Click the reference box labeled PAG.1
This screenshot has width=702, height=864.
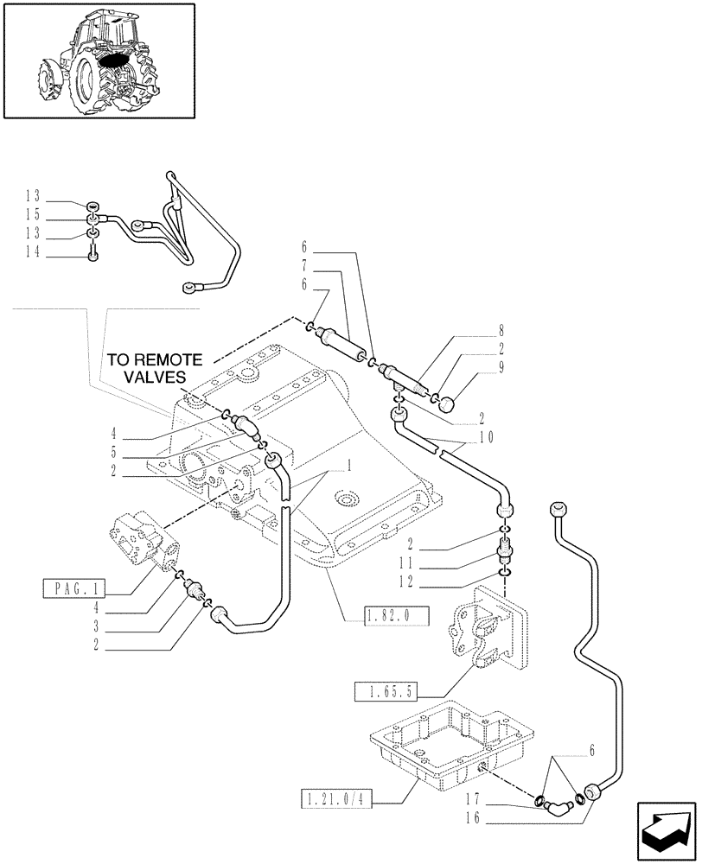[73, 591]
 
